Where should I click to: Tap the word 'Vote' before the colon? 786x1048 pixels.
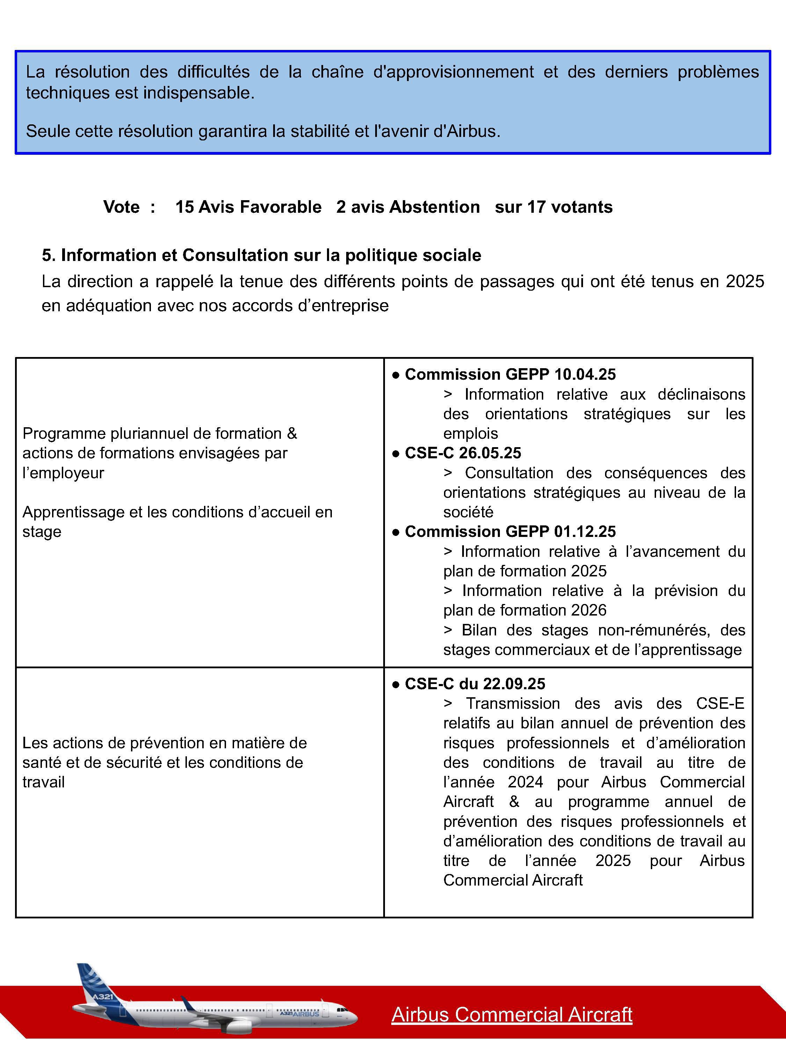pos(121,207)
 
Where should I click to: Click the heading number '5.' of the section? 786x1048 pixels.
pos(49,255)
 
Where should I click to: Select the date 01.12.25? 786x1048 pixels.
pos(585,532)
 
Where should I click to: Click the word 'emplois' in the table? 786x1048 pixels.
pos(471,434)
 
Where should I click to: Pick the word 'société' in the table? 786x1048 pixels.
pos(468,512)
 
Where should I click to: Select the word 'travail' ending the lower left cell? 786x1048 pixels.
pos(44,782)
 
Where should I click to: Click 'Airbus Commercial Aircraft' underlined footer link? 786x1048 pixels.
pos(512,1014)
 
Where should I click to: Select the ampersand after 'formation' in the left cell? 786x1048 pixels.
pos(292,434)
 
